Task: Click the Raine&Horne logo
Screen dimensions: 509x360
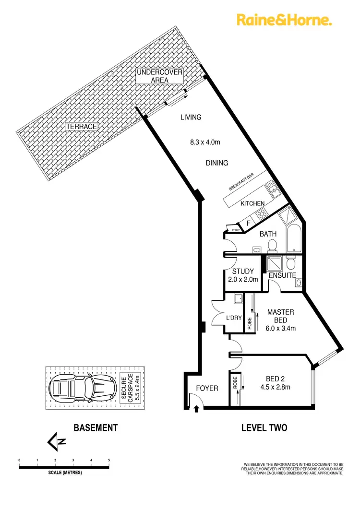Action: coord(284,20)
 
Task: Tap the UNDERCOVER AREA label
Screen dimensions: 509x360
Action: coord(160,76)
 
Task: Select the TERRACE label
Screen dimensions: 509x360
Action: coord(82,127)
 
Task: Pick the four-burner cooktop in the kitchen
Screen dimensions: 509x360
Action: coord(263,214)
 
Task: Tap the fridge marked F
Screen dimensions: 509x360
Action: coord(249,223)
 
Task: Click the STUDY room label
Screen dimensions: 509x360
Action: coord(242,272)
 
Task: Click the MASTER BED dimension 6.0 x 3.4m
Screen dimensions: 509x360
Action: coord(281,329)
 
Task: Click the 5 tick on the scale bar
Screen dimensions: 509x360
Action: coord(109,461)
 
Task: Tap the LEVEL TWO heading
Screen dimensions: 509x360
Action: coord(264,427)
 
